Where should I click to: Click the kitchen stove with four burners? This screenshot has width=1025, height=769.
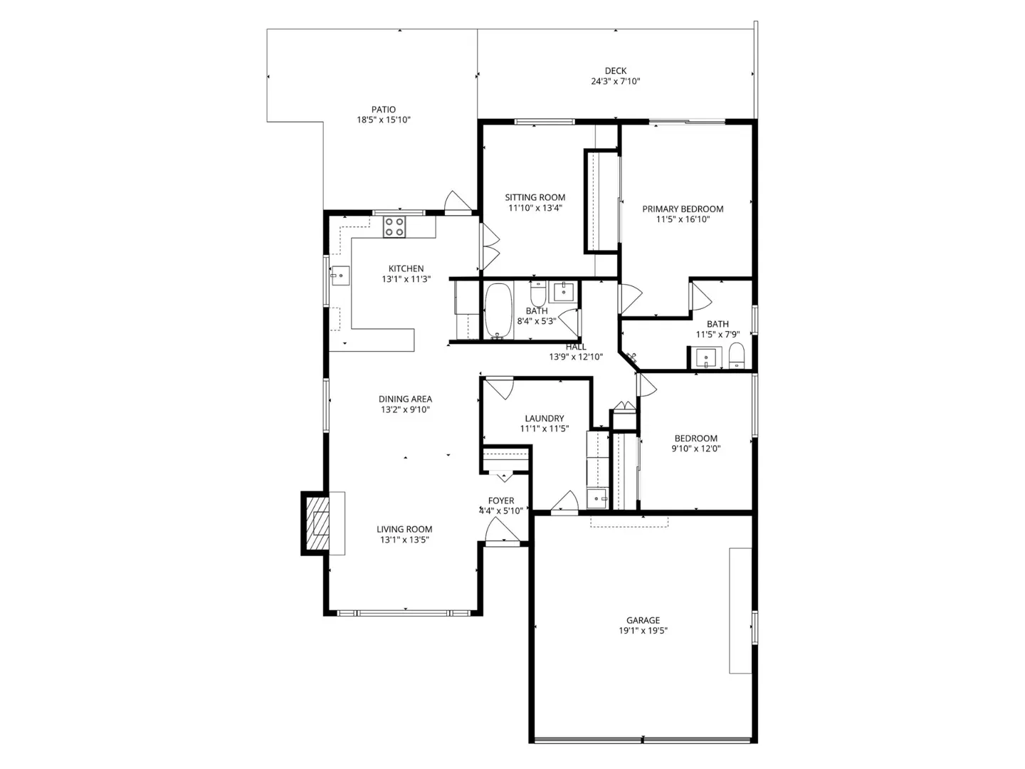(x=394, y=226)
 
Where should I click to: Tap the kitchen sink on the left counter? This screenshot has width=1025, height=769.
(x=340, y=274)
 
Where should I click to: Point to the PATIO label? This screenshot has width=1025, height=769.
(x=384, y=110)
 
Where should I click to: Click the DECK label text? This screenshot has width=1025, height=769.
(x=616, y=70)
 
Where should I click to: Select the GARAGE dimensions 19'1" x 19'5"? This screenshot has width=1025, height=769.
(x=643, y=630)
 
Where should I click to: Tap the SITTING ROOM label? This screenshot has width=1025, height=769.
(x=535, y=197)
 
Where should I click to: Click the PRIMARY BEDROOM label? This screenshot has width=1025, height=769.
(x=683, y=209)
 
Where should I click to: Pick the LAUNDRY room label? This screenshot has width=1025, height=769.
(x=545, y=418)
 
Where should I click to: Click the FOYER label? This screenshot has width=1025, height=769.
(x=501, y=501)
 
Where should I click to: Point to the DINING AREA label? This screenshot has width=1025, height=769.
(x=405, y=399)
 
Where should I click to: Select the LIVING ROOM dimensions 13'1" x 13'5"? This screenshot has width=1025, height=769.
(x=404, y=540)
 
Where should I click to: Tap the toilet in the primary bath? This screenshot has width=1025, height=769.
(x=736, y=355)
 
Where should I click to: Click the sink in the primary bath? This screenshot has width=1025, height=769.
(x=705, y=357)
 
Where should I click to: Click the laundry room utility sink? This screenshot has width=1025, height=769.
(x=596, y=498)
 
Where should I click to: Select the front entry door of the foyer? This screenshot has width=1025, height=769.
(x=502, y=531)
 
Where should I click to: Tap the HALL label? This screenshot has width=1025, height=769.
(x=576, y=347)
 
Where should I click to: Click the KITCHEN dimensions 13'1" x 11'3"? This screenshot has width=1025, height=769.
(x=406, y=279)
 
